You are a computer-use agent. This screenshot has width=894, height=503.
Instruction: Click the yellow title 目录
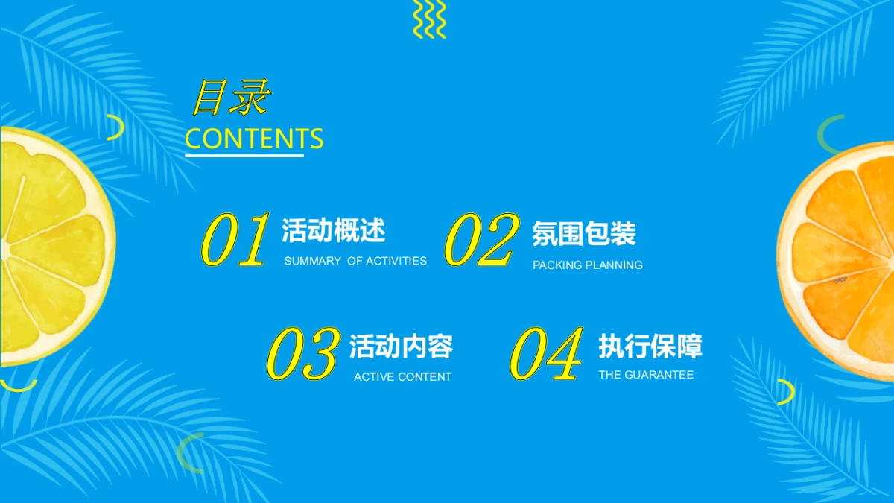coord(231,98)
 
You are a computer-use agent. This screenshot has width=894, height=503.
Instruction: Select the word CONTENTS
coord(254,139)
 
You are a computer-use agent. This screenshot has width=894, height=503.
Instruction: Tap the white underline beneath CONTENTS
coord(244,155)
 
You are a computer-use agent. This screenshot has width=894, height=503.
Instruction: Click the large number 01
coord(235,239)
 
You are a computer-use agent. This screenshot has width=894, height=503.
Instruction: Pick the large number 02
coord(482,239)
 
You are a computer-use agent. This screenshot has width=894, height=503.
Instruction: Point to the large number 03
coord(304,354)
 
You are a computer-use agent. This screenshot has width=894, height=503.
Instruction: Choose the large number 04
coord(546,354)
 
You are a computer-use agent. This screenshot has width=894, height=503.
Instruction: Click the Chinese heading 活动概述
coord(334,230)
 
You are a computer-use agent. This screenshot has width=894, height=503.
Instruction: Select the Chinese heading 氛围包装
coord(584,233)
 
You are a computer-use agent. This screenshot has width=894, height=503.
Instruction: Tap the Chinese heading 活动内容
coord(402,346)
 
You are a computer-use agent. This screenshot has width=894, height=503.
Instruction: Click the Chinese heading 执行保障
coord(650,346)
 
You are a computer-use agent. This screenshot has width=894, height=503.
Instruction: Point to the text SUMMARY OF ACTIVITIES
coord(355,261)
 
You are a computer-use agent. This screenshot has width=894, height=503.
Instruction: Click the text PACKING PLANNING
coord(588,265)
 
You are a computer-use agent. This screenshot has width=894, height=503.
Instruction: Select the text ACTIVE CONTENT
coord(403,377)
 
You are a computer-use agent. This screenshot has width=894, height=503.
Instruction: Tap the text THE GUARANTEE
coord(646,375)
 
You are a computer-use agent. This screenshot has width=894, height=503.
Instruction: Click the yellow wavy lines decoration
coord(429,19)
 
